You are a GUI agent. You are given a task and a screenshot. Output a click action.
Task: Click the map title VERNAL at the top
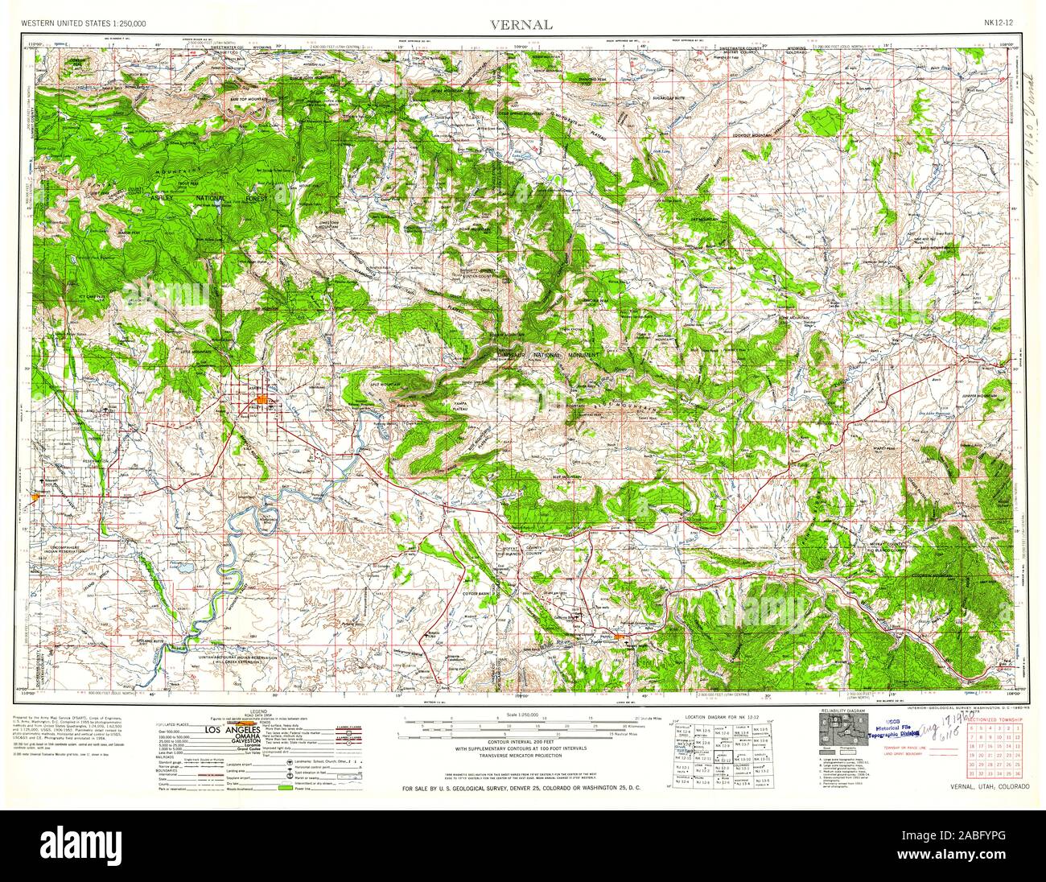522,24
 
